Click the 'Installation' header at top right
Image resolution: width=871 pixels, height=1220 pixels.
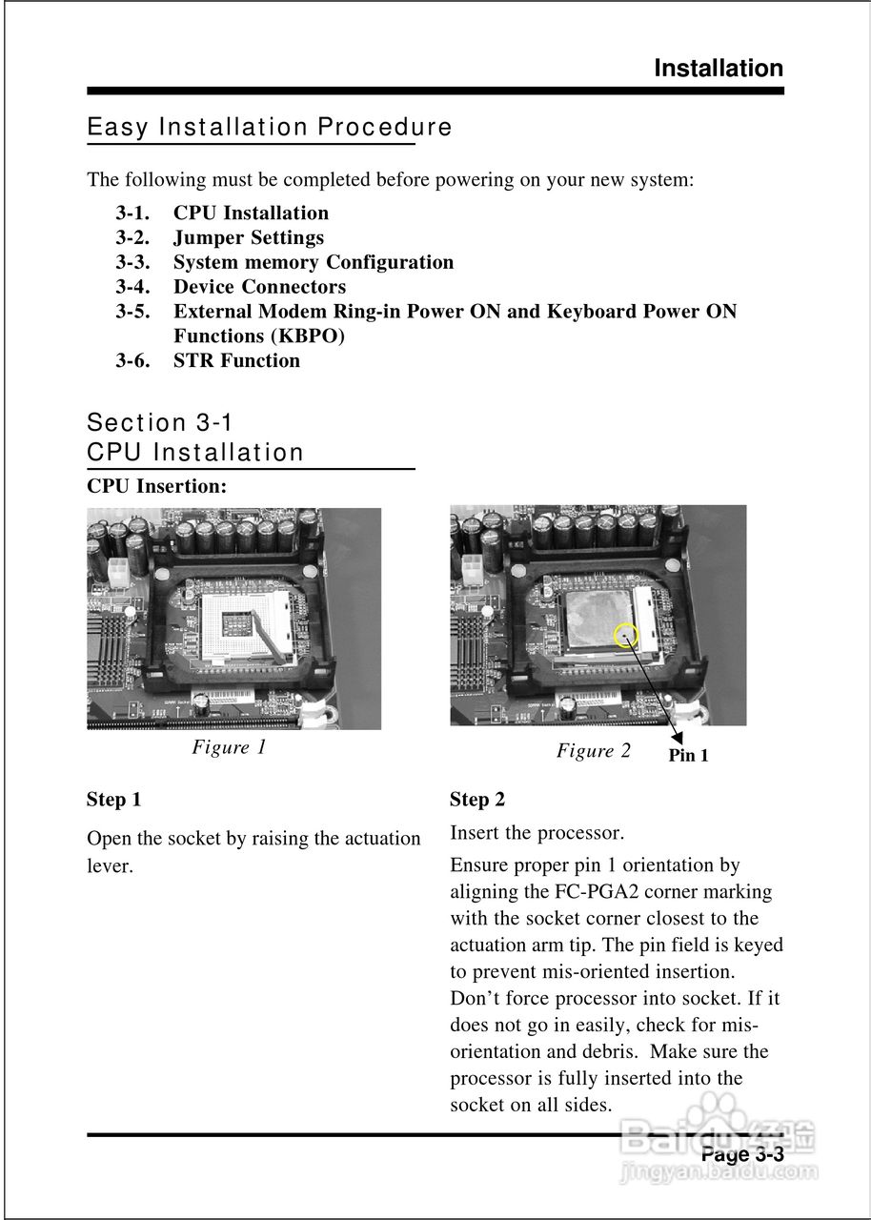(718, 69)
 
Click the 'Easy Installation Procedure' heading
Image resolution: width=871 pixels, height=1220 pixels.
(270, 127)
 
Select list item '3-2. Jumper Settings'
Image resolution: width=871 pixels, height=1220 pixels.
(220, 237)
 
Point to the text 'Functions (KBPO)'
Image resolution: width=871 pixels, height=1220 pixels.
(258, 335)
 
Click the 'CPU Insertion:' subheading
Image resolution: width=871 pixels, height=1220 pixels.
(156, 486)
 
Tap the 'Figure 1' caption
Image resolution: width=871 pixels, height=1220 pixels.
(229, 747)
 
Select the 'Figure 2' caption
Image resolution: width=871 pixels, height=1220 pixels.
(593, 751)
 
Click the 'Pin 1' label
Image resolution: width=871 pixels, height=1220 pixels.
(688, 756)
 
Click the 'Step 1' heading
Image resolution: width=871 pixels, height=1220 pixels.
(113, 799)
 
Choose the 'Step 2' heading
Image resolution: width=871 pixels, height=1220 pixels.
(477, 800)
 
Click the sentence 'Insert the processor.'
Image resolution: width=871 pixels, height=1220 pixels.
(537, 833)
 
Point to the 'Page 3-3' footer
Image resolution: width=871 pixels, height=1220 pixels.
(741, 1154)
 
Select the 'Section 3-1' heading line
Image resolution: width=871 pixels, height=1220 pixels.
(159, 422)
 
